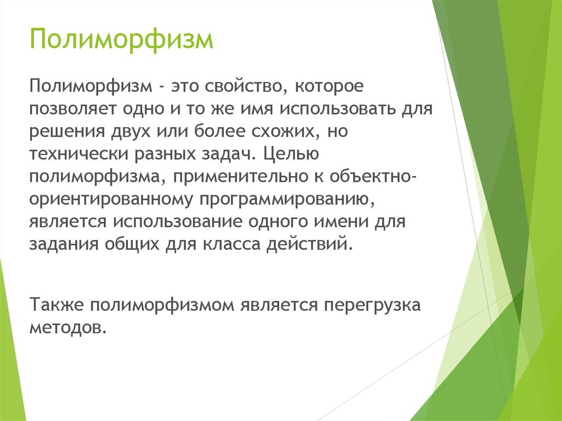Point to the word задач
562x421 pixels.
pyautogui.click(x=228, y=154)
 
